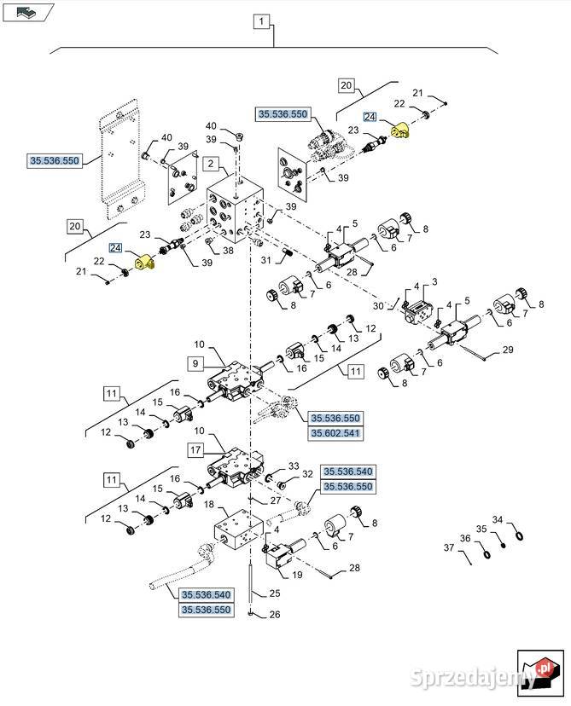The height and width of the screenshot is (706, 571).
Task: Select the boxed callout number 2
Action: click(x=210, y=163)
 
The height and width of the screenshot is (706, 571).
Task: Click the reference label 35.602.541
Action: click(x=335, y=433)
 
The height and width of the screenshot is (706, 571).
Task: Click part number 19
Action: click(x=298, y=575)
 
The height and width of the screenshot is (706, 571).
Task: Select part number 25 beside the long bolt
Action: click(x=274, y=593)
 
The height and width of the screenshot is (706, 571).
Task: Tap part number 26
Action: click(x=274, y=613)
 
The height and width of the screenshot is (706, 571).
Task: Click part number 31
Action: click(x=265, y=260)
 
